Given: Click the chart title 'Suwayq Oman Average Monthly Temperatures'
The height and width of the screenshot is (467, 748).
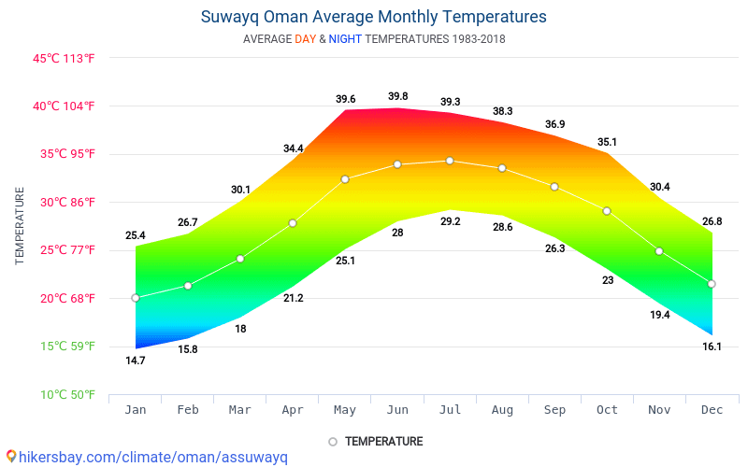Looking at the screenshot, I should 373,17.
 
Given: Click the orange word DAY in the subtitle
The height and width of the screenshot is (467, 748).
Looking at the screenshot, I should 305,39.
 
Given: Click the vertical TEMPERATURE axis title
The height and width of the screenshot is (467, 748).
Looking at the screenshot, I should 20,225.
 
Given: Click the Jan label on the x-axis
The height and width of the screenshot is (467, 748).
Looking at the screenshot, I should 136,409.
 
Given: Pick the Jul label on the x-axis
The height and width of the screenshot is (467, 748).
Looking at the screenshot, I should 450,409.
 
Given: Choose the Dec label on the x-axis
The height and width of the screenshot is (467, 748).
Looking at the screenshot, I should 712,409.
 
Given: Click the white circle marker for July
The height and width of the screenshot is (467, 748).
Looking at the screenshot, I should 450,161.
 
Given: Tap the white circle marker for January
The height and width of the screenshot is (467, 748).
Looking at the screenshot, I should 136,298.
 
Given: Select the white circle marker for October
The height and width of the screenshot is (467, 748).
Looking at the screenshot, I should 607,211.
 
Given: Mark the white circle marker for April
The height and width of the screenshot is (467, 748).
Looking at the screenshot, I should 293,223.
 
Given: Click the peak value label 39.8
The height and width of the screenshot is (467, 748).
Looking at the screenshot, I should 397,96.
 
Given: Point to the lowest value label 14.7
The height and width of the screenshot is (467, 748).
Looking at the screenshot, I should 136,361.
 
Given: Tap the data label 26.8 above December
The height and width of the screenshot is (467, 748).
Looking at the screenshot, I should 712,221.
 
